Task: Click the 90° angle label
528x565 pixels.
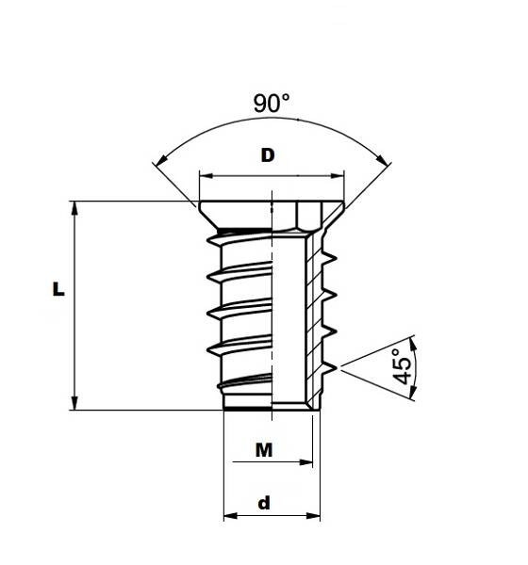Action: [272, 103]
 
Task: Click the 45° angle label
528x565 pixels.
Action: [402, 366]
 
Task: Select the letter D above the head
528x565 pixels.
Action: [268, 155]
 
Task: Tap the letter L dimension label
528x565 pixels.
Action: [58, 289]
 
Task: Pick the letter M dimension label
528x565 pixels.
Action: [264, 450]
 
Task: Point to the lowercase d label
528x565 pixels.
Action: [264, 503]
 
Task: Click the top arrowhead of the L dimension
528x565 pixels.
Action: [74, 208]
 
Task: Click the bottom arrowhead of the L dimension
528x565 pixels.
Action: [74, 403]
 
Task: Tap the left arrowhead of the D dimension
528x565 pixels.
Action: [206, 176]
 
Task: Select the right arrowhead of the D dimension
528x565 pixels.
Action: [338, 176]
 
